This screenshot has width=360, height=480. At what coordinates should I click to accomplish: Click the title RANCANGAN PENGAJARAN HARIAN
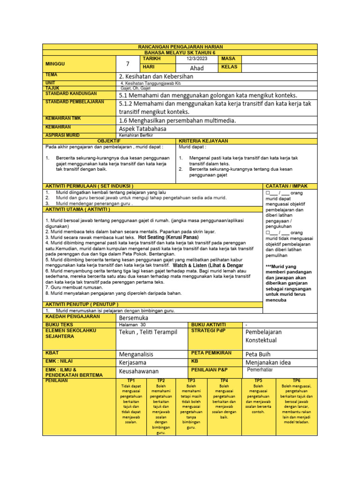click(180, 47)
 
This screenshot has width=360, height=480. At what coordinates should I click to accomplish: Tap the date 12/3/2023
click(196, 59)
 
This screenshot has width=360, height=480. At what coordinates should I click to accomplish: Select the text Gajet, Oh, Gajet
click(135, 88)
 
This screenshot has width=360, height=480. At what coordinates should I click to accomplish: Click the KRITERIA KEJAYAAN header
click(202, 141)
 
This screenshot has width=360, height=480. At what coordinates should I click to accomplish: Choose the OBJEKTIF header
click(108, 141)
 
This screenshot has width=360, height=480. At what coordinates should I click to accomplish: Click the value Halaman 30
click(133, 324)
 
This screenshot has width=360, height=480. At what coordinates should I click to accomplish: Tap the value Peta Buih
click(258, 354)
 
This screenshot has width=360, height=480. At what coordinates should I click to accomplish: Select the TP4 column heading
click(224, 380)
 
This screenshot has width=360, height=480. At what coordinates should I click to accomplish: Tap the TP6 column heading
click(296, 380)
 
